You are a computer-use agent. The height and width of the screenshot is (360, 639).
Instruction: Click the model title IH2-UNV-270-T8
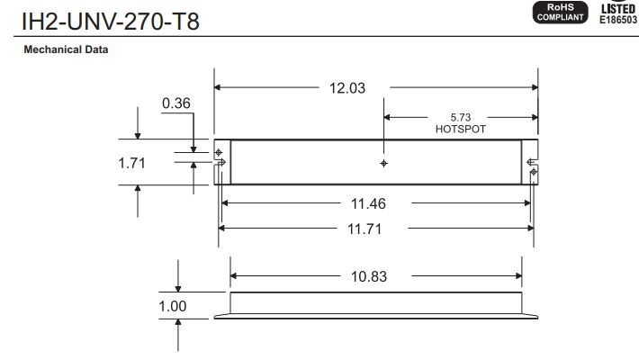point(111,22)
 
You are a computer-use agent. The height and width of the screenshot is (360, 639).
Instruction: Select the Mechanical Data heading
point(66,49)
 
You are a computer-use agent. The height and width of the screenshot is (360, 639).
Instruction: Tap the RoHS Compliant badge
point(561,13)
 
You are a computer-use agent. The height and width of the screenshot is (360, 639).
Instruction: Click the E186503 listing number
point(618,20)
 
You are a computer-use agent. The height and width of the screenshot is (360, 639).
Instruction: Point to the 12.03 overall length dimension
point(347,88)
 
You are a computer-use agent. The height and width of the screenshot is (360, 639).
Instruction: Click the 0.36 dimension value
point(176,103)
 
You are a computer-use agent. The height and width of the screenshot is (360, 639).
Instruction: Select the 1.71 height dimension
point(131,163)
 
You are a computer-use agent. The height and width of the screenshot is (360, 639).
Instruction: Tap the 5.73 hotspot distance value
point(461,117)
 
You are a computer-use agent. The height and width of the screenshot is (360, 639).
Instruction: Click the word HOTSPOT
point(461,130)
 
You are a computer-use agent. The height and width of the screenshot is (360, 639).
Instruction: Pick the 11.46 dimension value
point(368,204)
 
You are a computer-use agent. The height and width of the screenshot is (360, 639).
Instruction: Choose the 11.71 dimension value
point(364,229)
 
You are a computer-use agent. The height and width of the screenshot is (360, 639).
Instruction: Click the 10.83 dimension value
point(369,276)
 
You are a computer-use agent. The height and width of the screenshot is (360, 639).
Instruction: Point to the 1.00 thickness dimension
point(173,306)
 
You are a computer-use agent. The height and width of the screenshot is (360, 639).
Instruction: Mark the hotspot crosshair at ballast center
point(383,164)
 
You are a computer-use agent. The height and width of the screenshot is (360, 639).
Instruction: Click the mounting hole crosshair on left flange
point(219,153)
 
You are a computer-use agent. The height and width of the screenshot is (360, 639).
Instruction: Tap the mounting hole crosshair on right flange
point(534,172)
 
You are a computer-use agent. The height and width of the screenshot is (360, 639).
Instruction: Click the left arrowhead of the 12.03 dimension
point(217,87)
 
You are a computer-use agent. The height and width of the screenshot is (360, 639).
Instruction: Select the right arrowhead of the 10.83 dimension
point(518,276)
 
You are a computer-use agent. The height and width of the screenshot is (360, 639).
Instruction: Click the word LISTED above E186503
point(619,9)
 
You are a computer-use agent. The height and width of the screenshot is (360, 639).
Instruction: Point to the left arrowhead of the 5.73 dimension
point(387,117)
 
